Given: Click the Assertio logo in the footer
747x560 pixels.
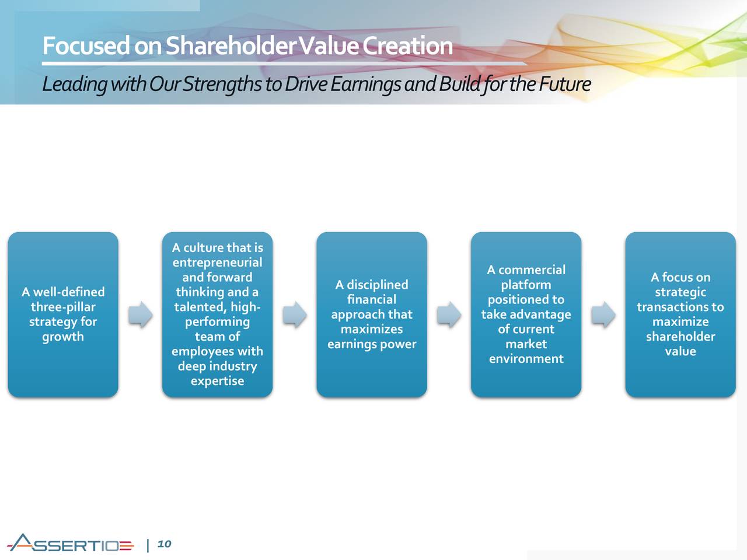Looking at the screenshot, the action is [x=70, y=542].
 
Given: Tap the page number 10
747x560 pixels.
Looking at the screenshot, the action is [x=164, y=544].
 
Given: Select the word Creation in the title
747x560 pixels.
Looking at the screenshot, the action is [x=407, y=45].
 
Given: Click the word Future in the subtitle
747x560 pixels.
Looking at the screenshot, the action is [x=565, y=83].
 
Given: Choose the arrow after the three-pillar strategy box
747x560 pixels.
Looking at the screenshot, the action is [x=140, y=314].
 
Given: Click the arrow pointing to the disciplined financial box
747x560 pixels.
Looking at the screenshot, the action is [x=295, y=314].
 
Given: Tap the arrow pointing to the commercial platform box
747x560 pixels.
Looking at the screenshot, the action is [x=449, y=314].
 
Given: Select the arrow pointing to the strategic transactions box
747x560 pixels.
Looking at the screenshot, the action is [x=603, y=314].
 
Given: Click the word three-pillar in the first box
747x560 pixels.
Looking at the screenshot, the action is [x=63, y=307].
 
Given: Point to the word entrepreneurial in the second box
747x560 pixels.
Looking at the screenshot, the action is [x=218, y=262].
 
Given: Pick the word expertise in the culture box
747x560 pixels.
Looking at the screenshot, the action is [x=218, y=381].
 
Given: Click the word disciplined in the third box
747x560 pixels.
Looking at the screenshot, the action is [x=378, y=285].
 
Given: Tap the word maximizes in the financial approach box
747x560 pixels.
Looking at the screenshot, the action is [x=372, y=329].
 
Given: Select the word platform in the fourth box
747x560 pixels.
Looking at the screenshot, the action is [x=526, y=285].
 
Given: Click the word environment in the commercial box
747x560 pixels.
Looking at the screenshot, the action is [x=526, y=359].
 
